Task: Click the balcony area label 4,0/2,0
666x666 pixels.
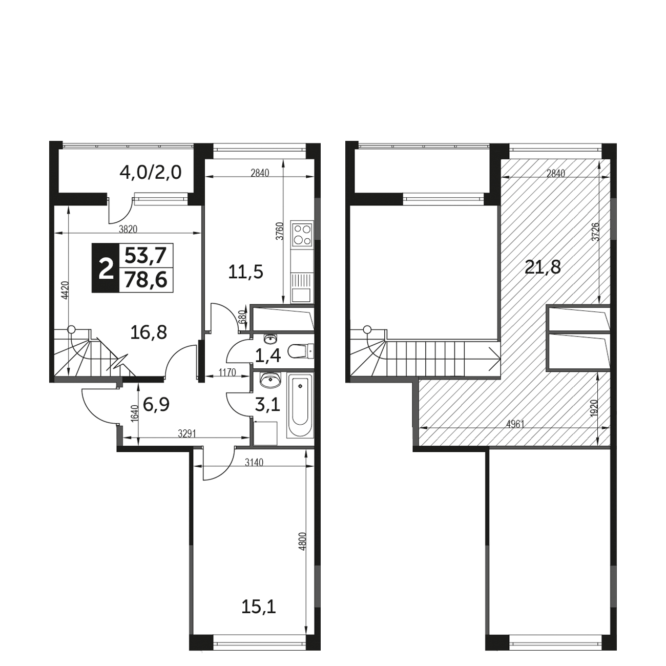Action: pos(150,173)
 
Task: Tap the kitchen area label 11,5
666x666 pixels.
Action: pos(246,272)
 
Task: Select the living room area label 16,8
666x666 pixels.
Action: pos(149,332)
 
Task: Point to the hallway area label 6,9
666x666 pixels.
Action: pos(156,404)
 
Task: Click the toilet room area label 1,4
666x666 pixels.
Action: pos(267,356)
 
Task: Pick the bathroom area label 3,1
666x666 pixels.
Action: pos(267,405)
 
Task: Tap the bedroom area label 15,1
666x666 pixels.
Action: pos(259,616)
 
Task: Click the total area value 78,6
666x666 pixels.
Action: pos(145,280)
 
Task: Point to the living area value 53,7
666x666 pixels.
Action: pos(145,256)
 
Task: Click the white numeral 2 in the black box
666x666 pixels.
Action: pos(106,268)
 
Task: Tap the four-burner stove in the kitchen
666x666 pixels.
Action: pos(302,235)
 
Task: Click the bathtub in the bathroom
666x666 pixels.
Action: pos(300,406)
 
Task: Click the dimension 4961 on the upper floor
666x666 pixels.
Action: pos(515,424)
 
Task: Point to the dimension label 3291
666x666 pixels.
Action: pos(187,434)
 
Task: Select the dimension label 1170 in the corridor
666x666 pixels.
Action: pos(227,372)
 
